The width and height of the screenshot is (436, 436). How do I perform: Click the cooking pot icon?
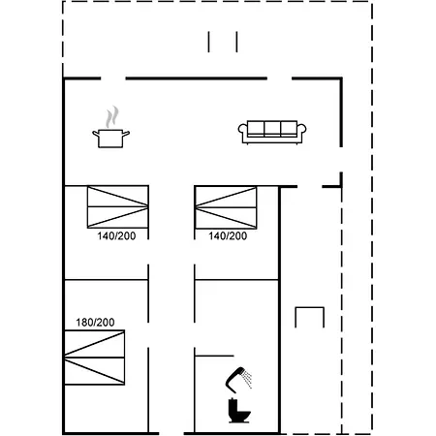110,139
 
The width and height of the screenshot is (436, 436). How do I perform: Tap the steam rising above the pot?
112,117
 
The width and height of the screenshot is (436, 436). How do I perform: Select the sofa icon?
272,132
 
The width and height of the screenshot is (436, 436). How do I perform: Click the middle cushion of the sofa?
272,129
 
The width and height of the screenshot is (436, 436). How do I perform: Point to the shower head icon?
235,378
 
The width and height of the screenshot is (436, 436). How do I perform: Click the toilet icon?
239,411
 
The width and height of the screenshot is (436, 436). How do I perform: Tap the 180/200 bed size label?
95,323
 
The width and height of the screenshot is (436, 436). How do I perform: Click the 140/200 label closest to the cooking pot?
116,236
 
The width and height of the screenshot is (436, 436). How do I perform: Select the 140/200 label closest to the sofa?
228,236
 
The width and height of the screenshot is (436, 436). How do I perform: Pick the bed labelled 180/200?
95,358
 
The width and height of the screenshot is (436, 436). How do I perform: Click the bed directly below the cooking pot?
118,206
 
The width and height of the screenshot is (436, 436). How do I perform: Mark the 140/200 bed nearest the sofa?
226,207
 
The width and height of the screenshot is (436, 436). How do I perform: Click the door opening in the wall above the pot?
113,78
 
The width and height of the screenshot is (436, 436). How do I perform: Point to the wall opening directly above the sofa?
279,78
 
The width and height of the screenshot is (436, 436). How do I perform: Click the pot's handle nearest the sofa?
126,133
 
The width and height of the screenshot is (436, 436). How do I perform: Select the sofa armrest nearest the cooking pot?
243,131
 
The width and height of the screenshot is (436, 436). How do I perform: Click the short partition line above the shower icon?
214,356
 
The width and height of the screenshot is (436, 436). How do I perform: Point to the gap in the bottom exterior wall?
171,433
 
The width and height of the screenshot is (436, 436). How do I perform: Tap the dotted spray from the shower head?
247,380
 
